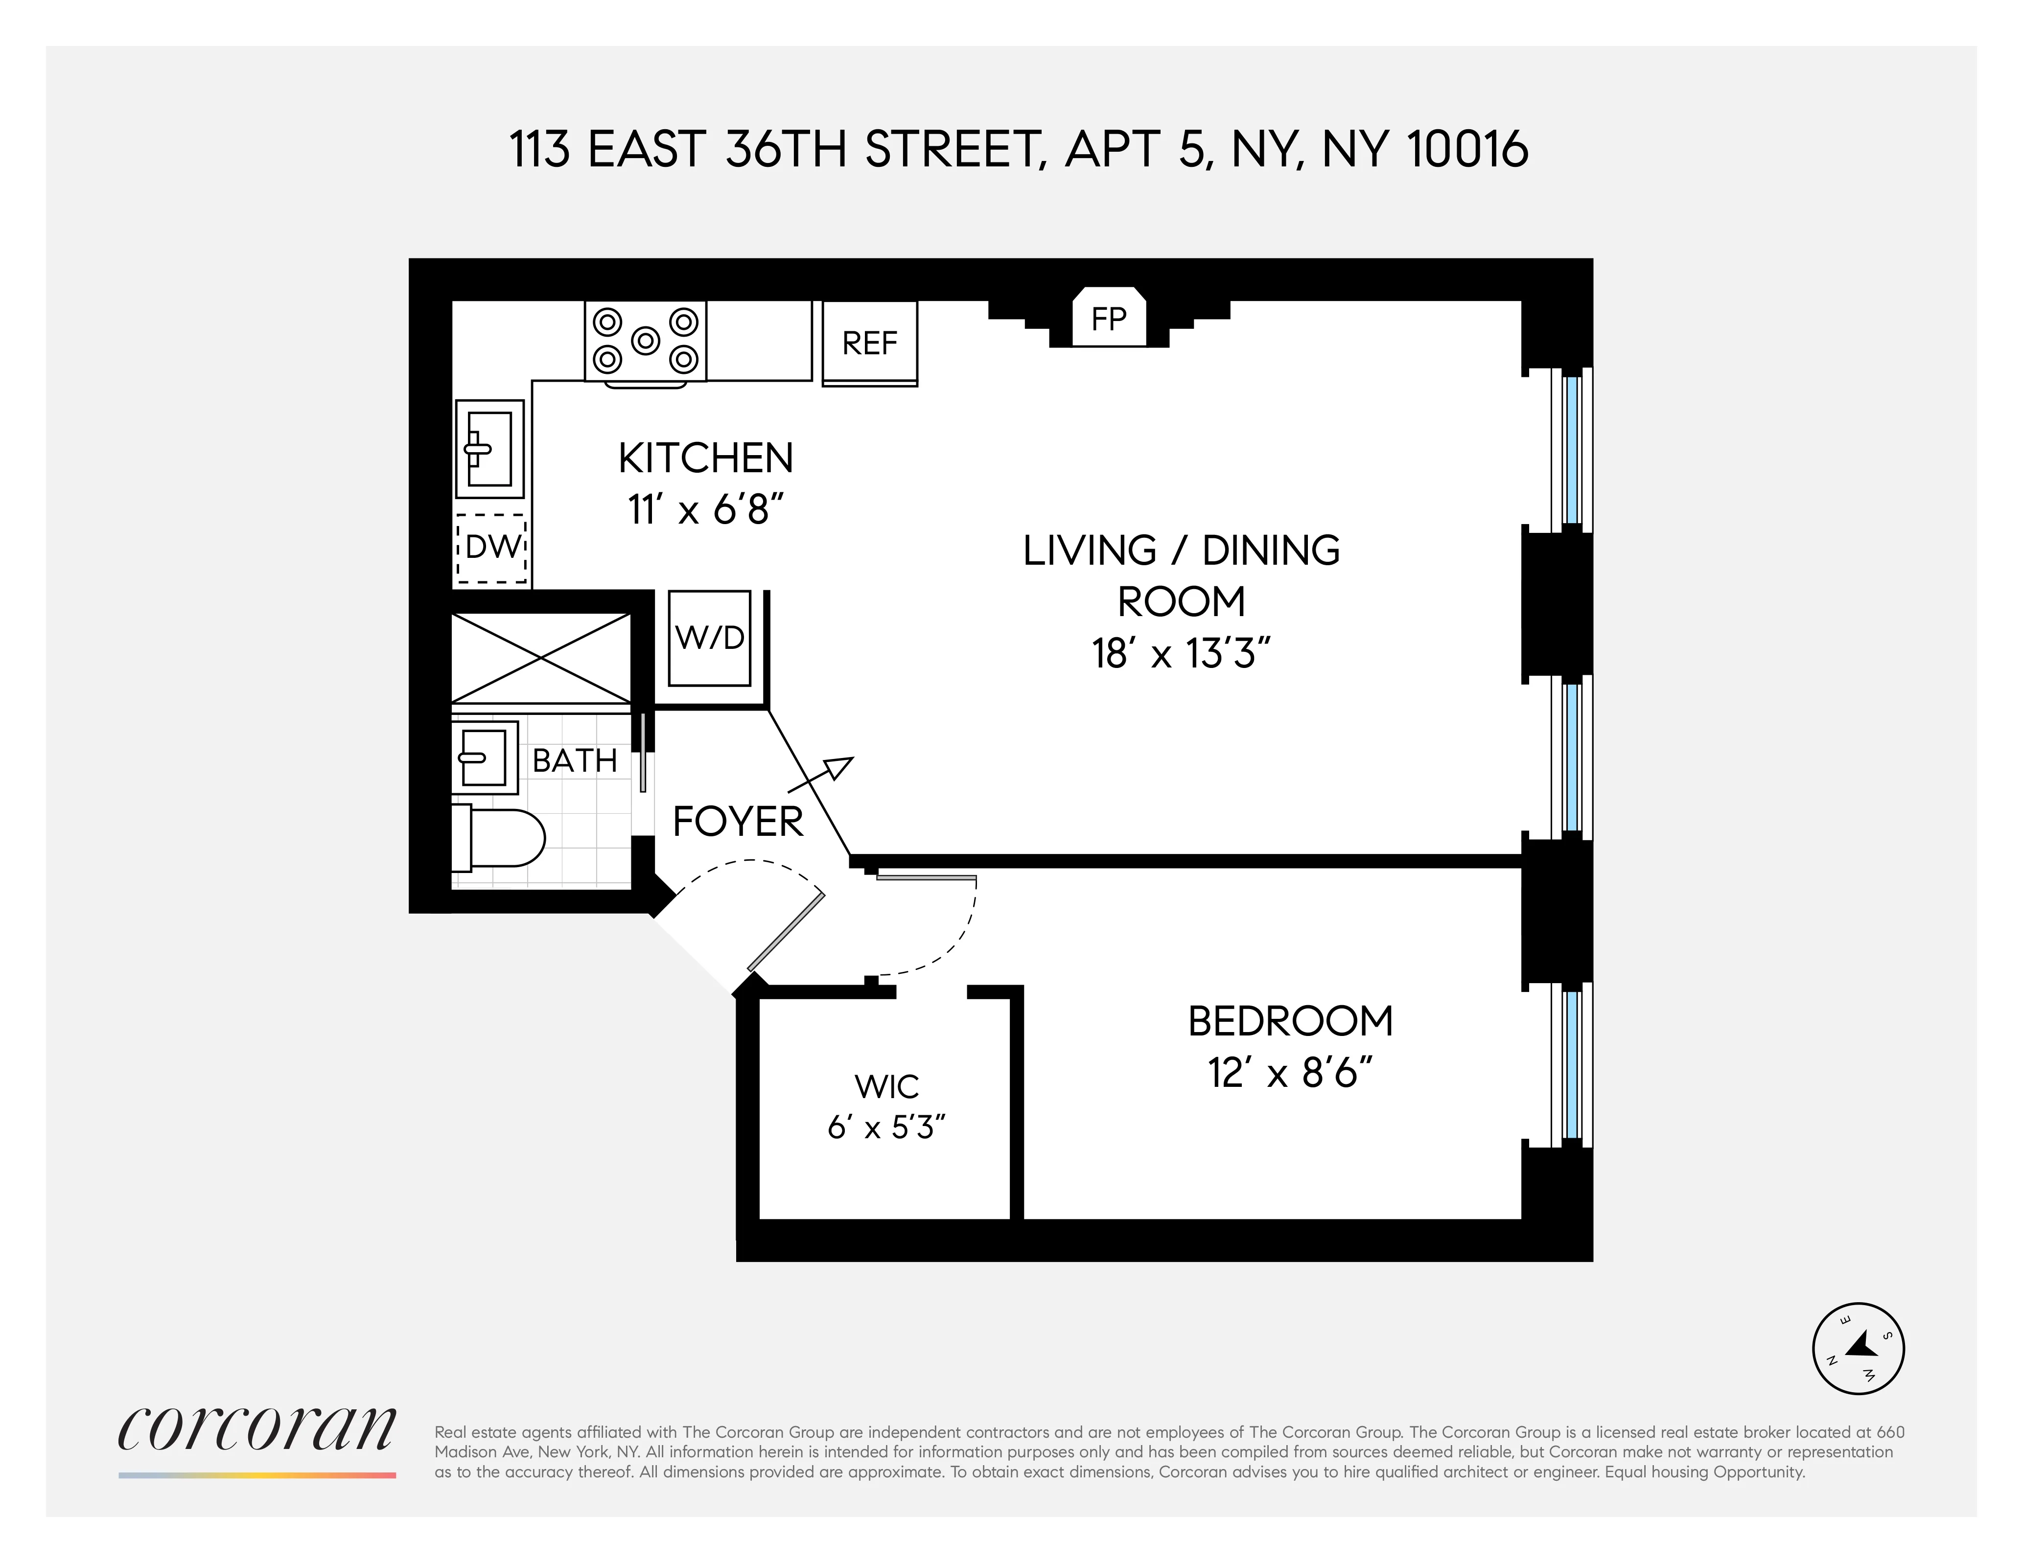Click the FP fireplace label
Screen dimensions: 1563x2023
pyautogui.click(x=1109, y=320)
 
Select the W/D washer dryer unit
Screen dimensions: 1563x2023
pyautogui.click(x=710, y=638)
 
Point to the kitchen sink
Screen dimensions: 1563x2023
pyautogui.click(x=488, y=449)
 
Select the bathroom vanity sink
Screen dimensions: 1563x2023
pyautogui.click(x=484, y=758)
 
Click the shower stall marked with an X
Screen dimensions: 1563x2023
pyautogui.click(x=541, y=657)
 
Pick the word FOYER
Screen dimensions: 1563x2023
pyautogui.click(x=737, y=821)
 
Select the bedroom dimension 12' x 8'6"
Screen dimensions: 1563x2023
pyautogui.click(x=1289, y=1073)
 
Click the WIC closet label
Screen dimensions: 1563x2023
pyautogui.click(x=886, y=1086)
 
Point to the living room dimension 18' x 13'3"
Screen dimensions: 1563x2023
pyautogui.click(x=1181, y=654)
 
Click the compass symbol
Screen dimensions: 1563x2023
pyautogui.click(x=1857, y=1348)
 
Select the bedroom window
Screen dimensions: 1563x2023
pyautogui.click(x=1571, y=1065)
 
